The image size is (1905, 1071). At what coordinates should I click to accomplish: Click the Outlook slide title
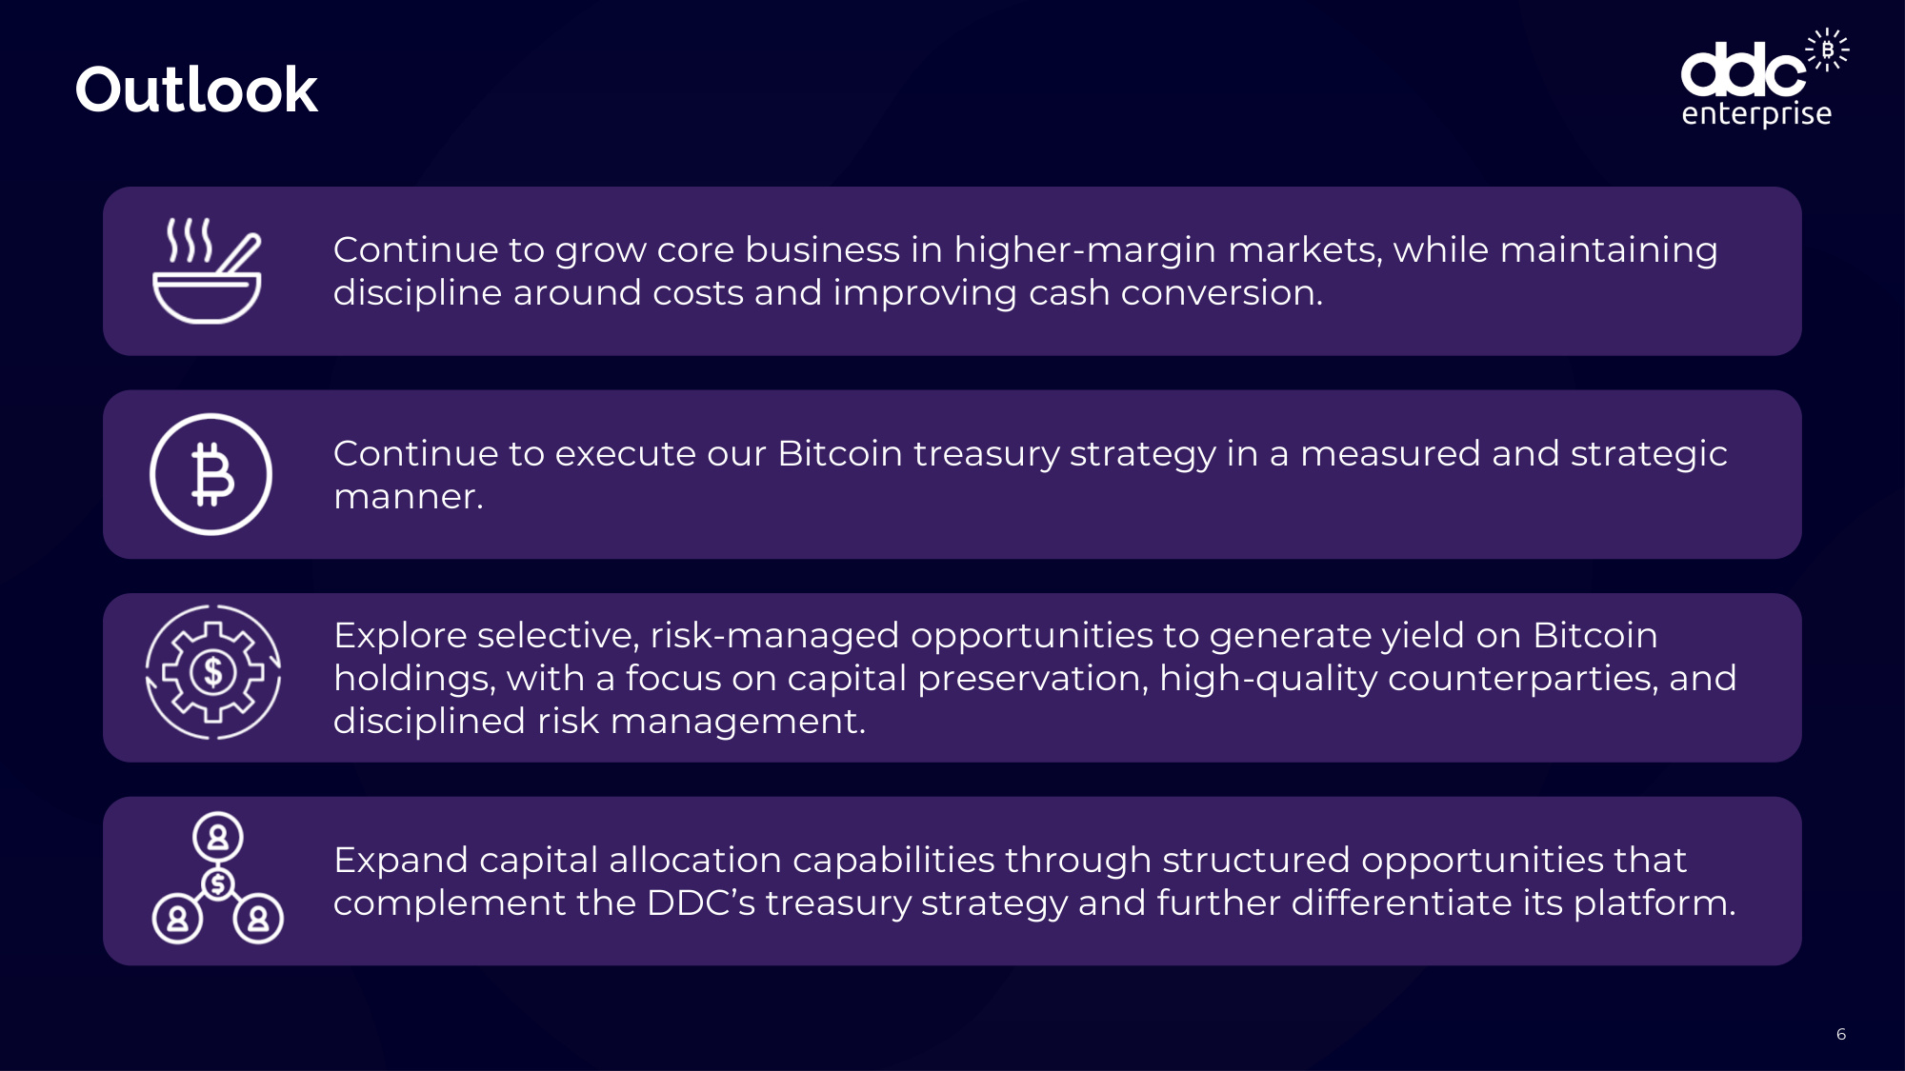(196, 90)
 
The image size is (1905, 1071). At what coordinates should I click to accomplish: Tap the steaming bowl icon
(207, 271)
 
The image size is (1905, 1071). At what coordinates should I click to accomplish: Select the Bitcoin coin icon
(211, 474)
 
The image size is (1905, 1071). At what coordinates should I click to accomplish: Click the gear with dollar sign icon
(213, 672)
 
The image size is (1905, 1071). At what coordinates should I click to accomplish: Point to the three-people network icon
(217, 878)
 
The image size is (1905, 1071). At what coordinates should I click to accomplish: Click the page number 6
(1841, 1034)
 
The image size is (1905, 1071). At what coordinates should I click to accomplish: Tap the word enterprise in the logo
(1756, 114)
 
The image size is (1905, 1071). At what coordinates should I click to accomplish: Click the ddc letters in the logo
(1743, 69)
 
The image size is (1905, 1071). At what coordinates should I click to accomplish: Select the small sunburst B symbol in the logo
(1827, 50)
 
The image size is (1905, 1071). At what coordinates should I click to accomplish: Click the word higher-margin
(1085, 250)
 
